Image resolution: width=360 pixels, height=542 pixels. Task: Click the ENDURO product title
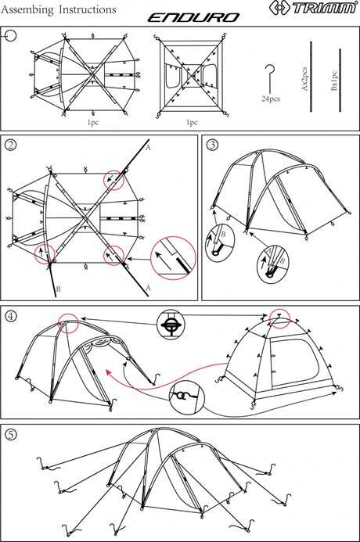click(193, 18)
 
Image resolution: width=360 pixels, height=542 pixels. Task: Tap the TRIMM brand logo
click(313, 7)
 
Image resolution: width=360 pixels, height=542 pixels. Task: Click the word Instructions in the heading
click(88, 9)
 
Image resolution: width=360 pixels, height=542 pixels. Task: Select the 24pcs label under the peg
click(271, 99)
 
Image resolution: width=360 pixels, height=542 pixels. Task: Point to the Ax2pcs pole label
click(304, 79)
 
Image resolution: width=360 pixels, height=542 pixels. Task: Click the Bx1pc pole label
click(334, 81)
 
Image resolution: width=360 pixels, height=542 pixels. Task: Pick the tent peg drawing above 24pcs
click(269, 79)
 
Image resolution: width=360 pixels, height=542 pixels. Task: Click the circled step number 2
click(11, 145)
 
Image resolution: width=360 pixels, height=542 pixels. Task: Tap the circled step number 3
click(212, 145)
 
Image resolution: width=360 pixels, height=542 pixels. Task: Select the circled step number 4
click(11, 316)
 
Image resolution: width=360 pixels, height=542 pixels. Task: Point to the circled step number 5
click(11, 434)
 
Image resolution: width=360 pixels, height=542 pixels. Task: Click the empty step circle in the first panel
click(11, 35)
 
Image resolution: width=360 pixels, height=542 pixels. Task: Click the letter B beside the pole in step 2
click(58, 289)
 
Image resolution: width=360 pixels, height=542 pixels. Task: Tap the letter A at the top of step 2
click(148, 148)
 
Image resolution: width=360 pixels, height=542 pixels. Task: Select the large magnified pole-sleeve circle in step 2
click(173, 258)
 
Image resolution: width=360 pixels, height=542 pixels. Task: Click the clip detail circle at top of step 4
click(171, 325)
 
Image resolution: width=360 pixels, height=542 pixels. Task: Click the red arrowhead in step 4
click(109, 372)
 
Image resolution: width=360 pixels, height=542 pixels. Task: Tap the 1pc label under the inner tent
click(192, 122)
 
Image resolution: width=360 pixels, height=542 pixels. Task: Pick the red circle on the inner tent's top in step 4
click(279, 318)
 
